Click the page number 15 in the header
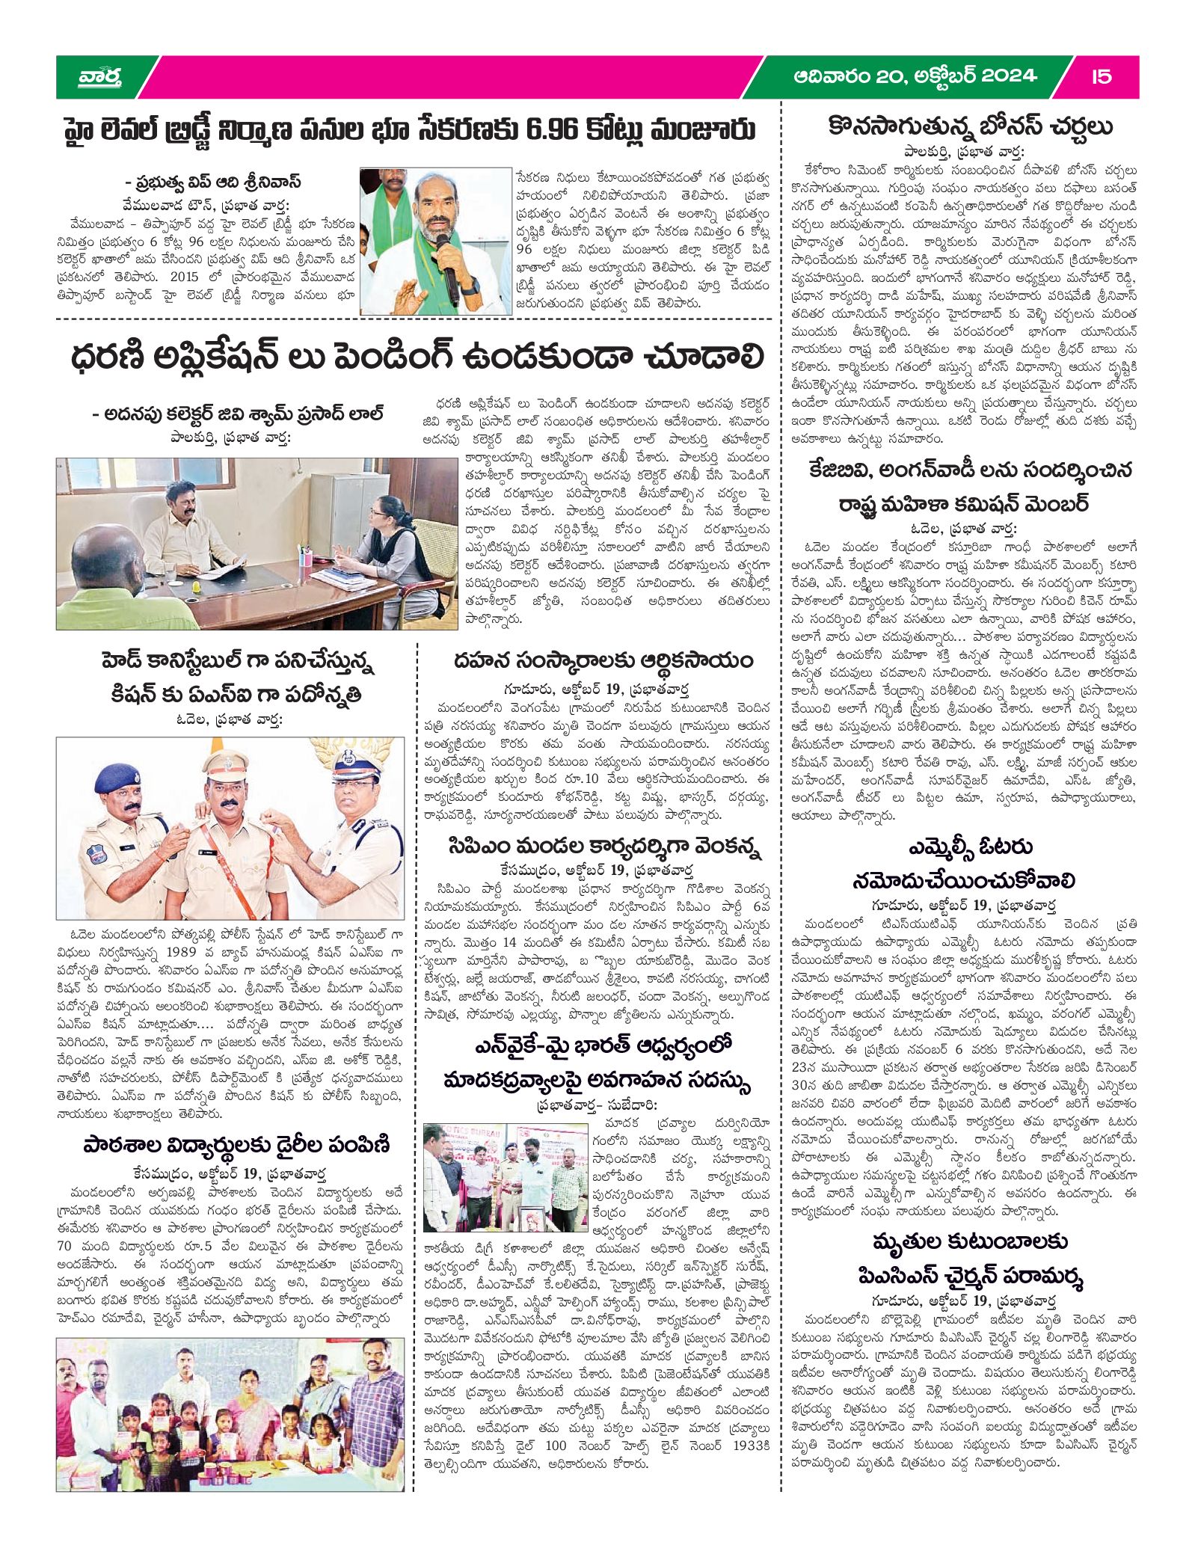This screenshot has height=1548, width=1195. point(1101,76)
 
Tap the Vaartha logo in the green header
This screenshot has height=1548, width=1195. point(100,76)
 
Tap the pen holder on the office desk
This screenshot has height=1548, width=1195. point(307,559)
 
